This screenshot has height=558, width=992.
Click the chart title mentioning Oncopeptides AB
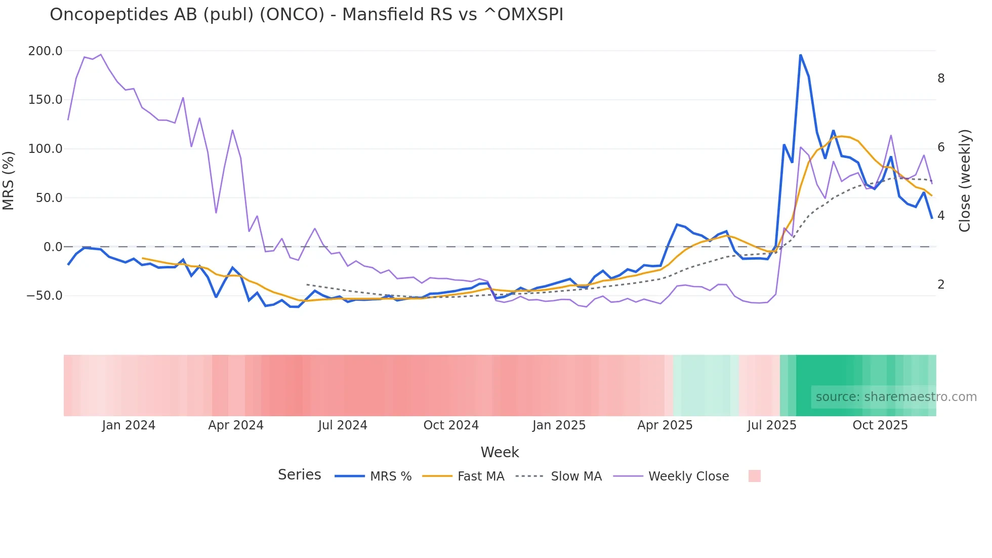coord(306,15)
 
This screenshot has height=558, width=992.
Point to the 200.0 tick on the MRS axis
coord(46,51)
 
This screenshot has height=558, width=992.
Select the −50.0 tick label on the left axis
coord(45,296)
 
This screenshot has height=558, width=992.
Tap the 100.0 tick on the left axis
coord(46,149)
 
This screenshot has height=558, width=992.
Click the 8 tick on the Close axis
coord(941,78)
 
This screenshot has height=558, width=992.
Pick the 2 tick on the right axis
coord(941,285)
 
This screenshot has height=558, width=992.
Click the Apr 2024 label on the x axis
coord(236,425)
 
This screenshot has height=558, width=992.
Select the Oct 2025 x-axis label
coord(880,425)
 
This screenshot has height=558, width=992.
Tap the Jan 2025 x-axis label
coord(559,425)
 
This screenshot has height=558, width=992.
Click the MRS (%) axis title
coord(9,181)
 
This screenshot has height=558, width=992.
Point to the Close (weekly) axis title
coord(965,181)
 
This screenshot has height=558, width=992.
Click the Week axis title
coord(500,452)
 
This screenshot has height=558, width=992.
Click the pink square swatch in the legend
coord(754,476)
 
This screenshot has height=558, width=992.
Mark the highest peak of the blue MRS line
coord(800,55)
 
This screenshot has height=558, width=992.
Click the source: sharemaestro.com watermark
coord(896,397)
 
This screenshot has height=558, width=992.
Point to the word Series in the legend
coord(299,475)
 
